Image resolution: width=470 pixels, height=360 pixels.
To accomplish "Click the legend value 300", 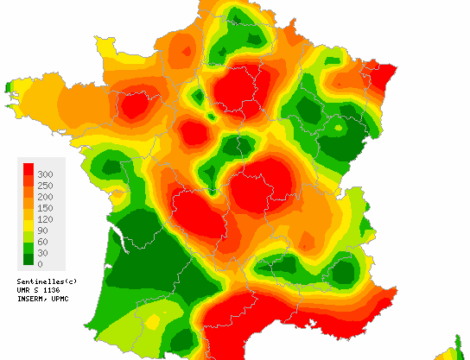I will (x=46, y=174).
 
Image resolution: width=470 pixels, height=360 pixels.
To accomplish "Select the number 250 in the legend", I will (x=46, y=186).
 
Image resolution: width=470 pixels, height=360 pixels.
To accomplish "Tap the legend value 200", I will (x=46, y=197).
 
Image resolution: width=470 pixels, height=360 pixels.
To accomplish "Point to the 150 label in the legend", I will (x=46, y=208).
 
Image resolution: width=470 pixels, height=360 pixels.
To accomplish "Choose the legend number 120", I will (x=46, y=219).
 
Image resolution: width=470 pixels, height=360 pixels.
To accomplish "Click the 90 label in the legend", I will (x=44, y=230).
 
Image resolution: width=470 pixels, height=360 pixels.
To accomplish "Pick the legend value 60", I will (x=44, y=241).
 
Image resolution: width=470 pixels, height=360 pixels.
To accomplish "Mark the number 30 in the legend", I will (x=44, y=252).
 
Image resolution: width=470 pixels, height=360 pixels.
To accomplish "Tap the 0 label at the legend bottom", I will (x=41, y=263).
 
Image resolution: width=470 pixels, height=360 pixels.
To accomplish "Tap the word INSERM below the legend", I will (x=31, y=300).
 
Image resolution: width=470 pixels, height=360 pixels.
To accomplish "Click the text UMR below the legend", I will (x=24, y=291).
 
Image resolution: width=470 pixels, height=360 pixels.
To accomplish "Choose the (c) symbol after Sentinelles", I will (x=68, y=282).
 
